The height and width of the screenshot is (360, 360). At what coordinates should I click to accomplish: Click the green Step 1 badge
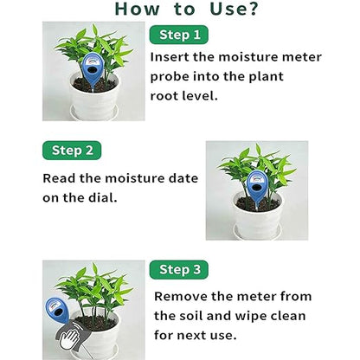(x=179, y=35)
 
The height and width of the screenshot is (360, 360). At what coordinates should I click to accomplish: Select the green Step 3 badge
(x=179, y=270)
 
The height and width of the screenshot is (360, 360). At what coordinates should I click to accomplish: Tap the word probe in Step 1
(x=173, y=75)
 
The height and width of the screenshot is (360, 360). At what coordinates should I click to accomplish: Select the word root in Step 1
(x=169, y=96)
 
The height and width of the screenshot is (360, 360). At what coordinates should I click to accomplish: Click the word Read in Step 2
(x=61, y=178)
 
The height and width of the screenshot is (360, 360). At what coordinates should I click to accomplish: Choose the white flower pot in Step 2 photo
(x=257, y=219)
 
